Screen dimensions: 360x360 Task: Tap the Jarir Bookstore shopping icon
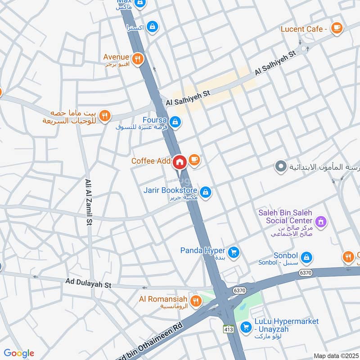(x=206, y=193)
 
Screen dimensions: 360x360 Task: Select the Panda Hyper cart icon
(x=233, y=252)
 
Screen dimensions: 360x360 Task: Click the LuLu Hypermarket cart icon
(x=246, y=327)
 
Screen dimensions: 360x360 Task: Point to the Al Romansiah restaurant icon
(x=195, y=301)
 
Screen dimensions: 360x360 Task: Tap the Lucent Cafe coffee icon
(x=336, y=28)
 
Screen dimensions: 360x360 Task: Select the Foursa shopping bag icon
(x=176, y=121)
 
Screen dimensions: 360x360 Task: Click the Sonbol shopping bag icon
(x=306, y=257)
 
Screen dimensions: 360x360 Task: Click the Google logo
(x=19, y=353)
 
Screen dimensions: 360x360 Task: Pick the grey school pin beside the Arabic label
(x=280, y=167)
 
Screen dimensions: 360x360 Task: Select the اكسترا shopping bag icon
(x=153, y=27)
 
